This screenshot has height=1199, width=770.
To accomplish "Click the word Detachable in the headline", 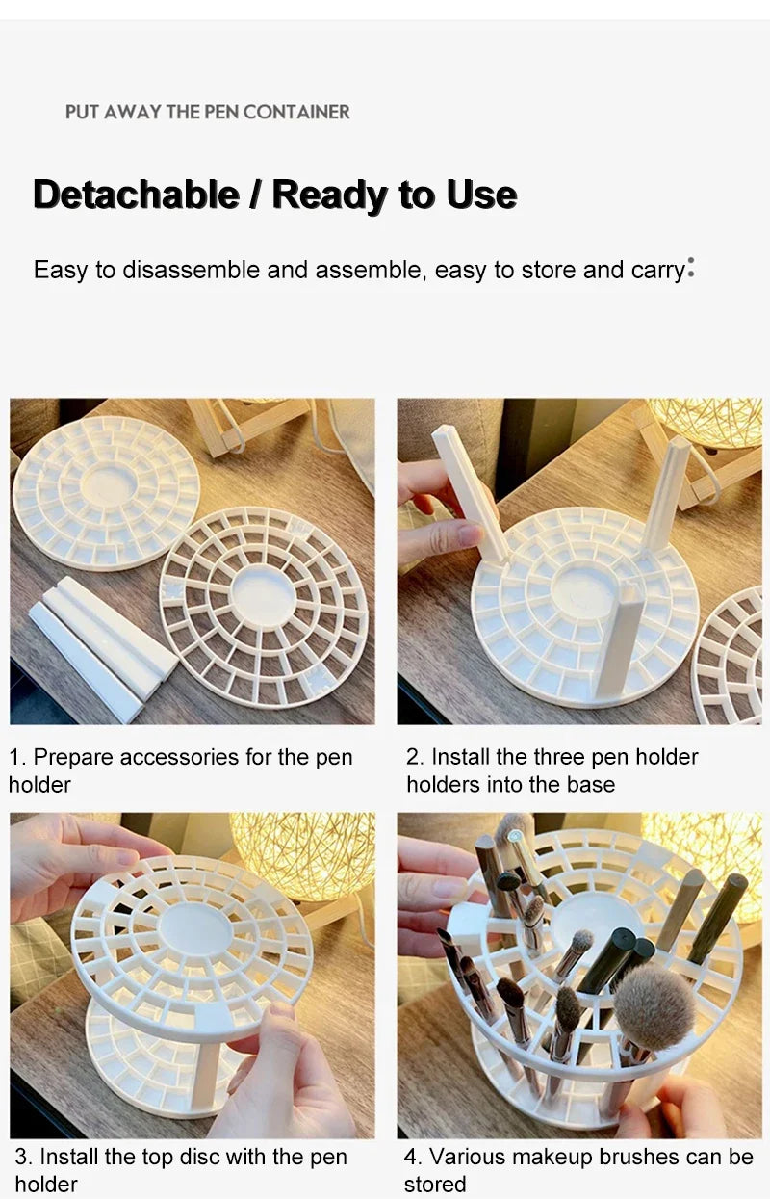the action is [136, 195].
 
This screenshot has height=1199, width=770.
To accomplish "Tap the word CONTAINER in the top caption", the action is [296, 112].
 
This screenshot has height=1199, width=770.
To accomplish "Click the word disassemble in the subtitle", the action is [191, 270].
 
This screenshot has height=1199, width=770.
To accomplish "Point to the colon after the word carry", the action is [691, 268].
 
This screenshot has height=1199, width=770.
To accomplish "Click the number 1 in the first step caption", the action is [14, 757].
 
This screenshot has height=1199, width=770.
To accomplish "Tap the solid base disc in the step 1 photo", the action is [106, 493].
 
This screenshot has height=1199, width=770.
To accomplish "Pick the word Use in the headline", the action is [481, 195].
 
